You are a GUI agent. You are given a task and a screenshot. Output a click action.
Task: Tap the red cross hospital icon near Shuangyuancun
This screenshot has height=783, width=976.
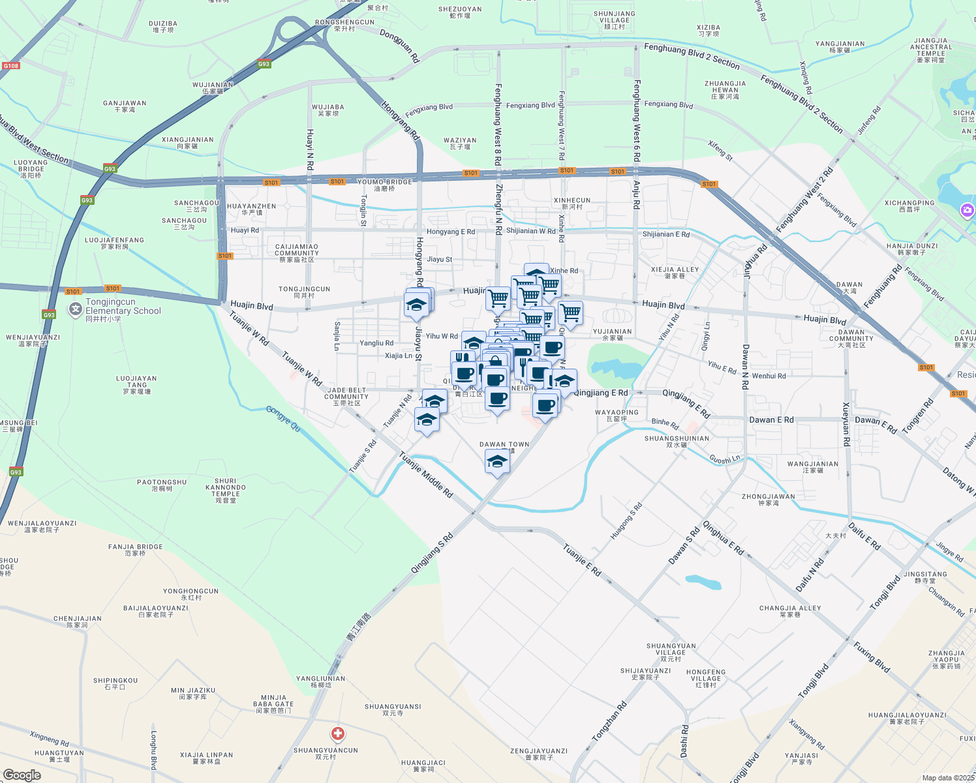tap(338, 734)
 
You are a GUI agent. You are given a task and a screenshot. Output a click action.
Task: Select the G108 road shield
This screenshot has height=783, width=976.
tap(11, 66)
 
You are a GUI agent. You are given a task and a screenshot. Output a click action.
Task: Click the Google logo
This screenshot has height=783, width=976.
tap(22, 775)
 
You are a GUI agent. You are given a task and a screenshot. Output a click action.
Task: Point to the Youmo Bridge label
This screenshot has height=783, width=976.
tap(385, 185)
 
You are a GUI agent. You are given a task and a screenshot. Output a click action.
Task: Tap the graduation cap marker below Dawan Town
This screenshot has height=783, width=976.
tap(497, 462)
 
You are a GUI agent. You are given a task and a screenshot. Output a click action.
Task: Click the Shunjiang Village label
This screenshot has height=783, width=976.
tap(614, 20)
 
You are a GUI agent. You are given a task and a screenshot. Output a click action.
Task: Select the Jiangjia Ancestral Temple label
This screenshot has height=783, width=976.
tap(931, 50)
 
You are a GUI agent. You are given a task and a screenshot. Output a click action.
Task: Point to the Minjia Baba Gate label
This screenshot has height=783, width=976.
tap(273, 704)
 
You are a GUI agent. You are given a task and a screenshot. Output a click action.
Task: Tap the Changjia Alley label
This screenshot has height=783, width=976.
tap(790, 611)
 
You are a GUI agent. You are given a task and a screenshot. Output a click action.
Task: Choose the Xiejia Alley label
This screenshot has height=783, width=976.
tap(675, 273)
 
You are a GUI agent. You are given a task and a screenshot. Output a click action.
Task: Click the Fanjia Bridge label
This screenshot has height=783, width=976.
tap(136, 550)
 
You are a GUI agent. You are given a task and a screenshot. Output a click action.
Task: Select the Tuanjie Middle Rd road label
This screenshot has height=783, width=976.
tap(426, 475)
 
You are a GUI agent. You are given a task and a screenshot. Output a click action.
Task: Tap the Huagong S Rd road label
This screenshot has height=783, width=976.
tap(626, 521)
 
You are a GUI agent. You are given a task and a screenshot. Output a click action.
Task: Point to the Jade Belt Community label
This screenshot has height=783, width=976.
tap(346, 397)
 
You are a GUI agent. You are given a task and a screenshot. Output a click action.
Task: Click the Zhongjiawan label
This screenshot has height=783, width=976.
tap(769, 500)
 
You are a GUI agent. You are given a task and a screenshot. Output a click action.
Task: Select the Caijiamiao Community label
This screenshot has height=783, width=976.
tap(297, 253)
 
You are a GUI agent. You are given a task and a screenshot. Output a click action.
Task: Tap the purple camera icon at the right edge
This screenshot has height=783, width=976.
tap(967, 210)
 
